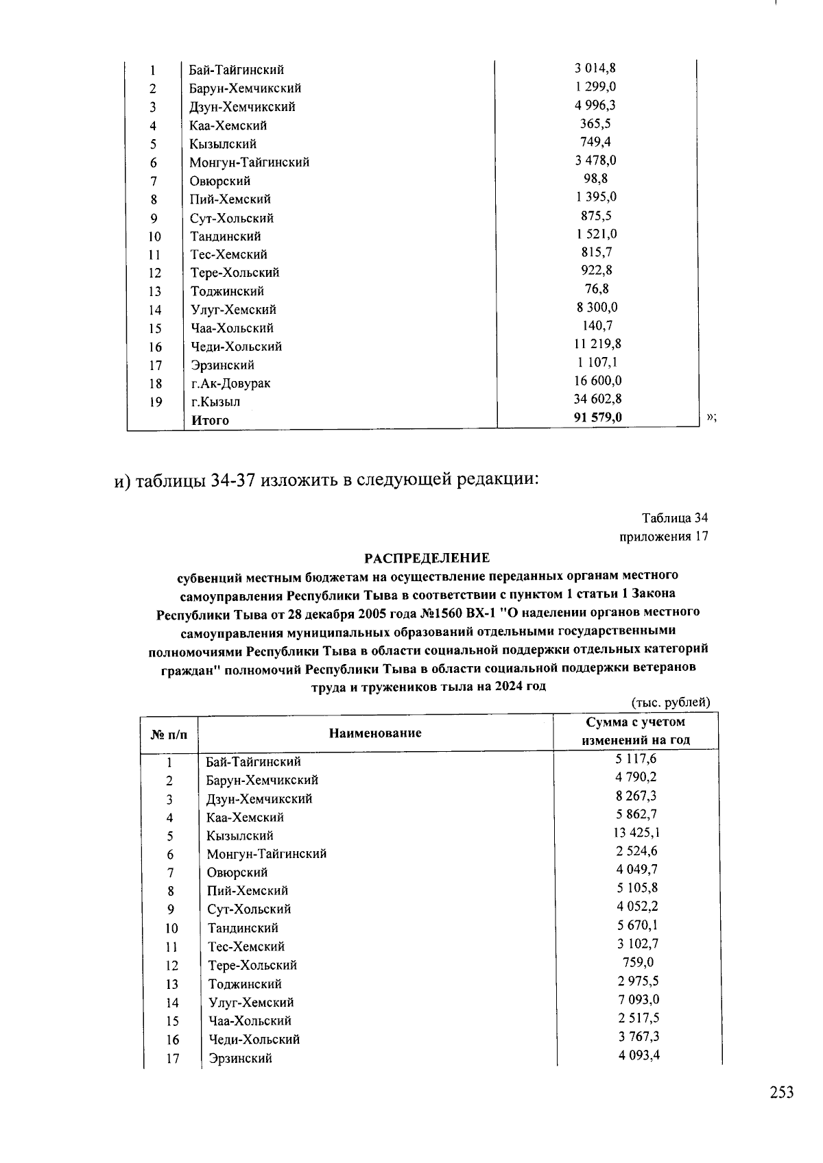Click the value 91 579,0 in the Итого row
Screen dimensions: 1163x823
coord(597,417)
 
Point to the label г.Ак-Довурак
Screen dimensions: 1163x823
coord(230,384)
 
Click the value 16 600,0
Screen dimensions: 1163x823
coord(597,380)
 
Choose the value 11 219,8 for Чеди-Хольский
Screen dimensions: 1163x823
coord(597,343)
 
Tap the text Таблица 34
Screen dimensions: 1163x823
coord(674,517)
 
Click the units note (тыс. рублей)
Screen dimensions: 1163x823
coord(670,702)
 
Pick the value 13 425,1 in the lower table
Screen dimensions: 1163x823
coord(637,833)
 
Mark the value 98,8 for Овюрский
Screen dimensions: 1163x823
coord(596,178)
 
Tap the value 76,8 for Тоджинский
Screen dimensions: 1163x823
coord(596,289)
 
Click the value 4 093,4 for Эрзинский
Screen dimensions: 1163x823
coord(637,1055)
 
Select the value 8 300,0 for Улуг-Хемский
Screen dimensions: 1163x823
coord(596,307)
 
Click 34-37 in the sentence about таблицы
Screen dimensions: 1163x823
coord(233,480)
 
